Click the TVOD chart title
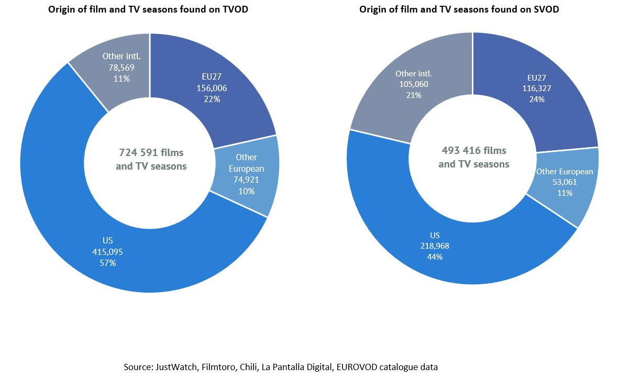tap(148, 10)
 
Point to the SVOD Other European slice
tap(576, 188)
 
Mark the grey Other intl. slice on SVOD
tap(388, 94)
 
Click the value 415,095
tap(107, 252)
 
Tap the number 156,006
tap(212, 88)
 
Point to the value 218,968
tap(435, 246)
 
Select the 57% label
tap(107, 263)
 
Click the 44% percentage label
tap(435, 257)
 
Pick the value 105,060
tap(413, 84)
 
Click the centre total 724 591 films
tap(151, 153)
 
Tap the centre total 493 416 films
tap(474, 151)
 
